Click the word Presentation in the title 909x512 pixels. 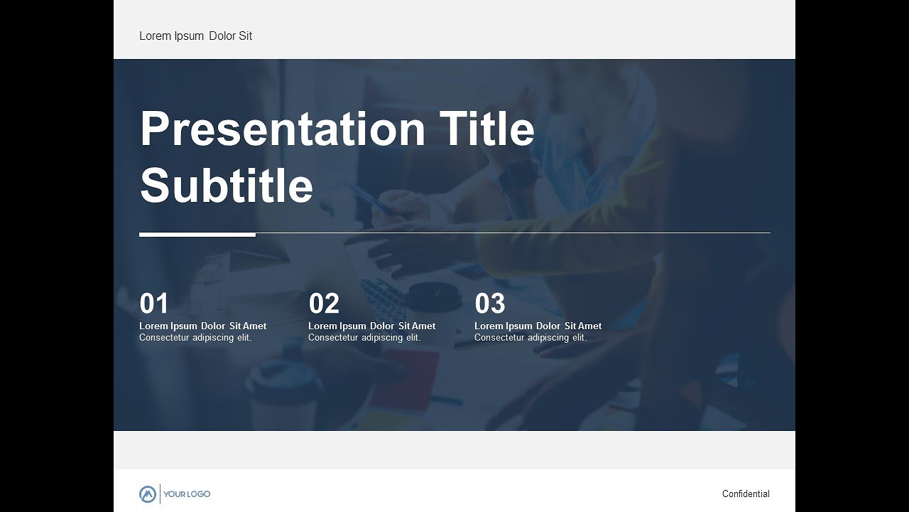click(282, 129)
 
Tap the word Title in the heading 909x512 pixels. click(487, 129)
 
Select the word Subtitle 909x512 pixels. click(227, 186)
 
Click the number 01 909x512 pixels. click(154, 304)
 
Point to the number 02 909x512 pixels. click(324, 304)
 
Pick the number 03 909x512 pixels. click(490, 304)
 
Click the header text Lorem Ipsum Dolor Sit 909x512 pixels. click(195, 36)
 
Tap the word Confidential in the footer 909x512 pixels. click(746, 494)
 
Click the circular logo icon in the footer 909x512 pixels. click(148, 494)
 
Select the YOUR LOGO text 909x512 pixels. click(187, 494)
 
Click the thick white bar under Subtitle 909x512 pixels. click(197, 234)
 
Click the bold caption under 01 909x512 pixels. click(203, 326)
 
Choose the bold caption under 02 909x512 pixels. click(372, 326)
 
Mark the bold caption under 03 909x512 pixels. click(538, 326)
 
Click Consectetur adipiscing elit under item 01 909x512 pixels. click(195, 338)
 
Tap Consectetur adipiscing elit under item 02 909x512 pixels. click(364, 338)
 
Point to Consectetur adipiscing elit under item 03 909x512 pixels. click(530, 338)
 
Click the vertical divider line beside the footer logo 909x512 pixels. click(160, 494)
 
